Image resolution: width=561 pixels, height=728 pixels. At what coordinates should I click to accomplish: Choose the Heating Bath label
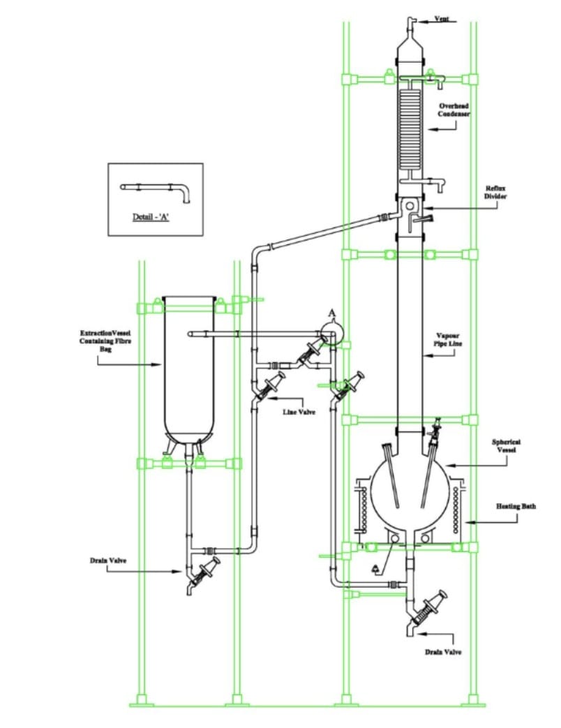(x=516, y=506)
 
